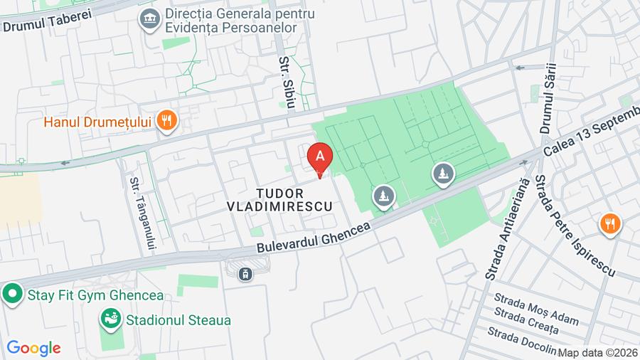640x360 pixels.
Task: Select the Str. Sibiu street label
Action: [287, 83]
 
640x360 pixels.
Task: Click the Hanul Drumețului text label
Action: [98, 122]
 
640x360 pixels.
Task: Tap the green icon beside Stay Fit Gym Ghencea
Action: [11, 295]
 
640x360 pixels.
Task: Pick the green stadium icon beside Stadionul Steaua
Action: [110, 319]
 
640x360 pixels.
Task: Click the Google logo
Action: [33, 348]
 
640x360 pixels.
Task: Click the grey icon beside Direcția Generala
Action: [149, 19]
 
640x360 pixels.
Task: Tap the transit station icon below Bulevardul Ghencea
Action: [246, 273]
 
